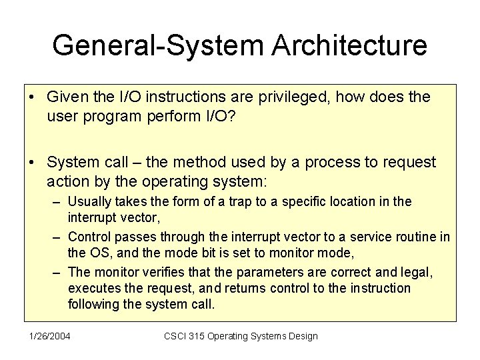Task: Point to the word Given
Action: click(x=67, y=97)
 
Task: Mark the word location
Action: click(x=342, y=201)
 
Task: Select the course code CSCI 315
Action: click(x=186, y=336)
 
